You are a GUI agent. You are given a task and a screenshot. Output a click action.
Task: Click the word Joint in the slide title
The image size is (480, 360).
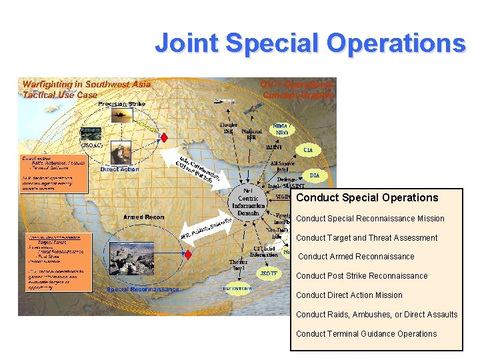click(189, 43)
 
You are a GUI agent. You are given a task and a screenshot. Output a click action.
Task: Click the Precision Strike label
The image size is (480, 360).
click(121, 104)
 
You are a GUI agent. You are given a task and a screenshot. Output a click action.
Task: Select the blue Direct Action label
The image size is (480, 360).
click(119, 169)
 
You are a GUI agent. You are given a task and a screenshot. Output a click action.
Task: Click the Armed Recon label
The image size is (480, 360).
click(143, 217)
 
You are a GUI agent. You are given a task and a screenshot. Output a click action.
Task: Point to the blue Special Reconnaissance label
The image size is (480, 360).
click(143, 289)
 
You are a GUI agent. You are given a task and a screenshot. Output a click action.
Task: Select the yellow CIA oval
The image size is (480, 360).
click(308, 149)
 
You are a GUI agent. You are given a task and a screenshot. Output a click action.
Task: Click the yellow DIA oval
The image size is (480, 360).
click(315, 175)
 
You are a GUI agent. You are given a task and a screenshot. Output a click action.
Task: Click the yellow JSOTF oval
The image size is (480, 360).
click(269, 273)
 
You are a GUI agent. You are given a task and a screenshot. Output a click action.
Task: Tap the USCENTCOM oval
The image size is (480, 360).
click(237, 289)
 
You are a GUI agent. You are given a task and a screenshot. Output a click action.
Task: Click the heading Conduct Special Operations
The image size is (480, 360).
click(367, 197)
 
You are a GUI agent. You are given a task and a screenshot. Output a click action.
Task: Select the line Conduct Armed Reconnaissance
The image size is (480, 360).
click(356, 257)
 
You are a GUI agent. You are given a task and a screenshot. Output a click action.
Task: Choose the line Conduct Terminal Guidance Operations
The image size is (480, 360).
click(366, 334)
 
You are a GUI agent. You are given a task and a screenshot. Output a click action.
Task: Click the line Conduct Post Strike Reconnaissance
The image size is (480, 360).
click(361, 276)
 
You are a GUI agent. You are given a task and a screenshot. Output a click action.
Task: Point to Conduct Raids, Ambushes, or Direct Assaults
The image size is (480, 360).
click(377, 315)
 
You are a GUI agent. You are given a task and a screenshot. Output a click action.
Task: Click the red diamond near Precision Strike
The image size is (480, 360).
click(164, 136)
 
